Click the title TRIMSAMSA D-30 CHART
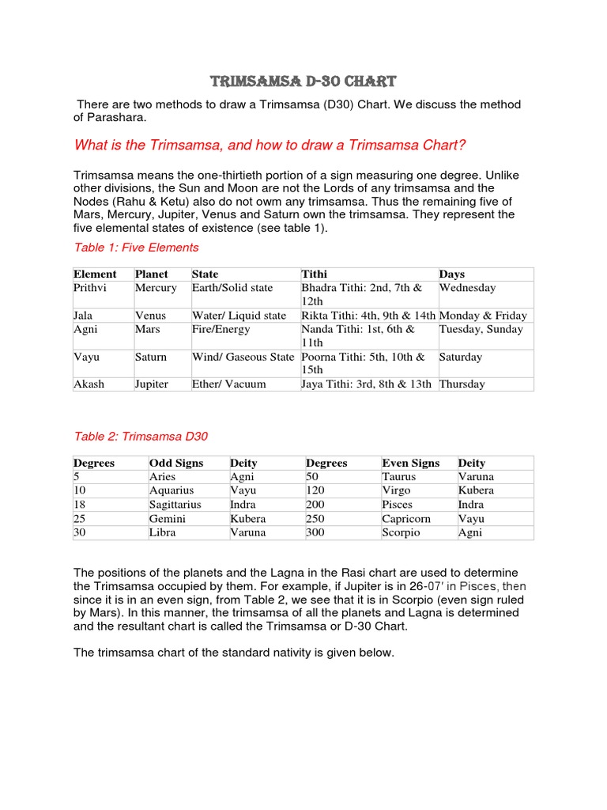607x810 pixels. (303, 81)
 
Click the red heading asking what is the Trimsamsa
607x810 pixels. (270, 145)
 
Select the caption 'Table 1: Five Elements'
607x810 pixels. (136, 248)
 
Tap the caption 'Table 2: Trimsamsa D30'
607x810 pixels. (141, 436)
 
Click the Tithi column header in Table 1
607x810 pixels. (315, 274)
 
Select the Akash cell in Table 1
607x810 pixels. (89, 384)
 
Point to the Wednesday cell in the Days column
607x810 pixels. (467, 288)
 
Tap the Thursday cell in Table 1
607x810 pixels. (462, 384)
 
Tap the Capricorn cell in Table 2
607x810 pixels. (406, 519)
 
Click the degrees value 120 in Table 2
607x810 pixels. (315, 490)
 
